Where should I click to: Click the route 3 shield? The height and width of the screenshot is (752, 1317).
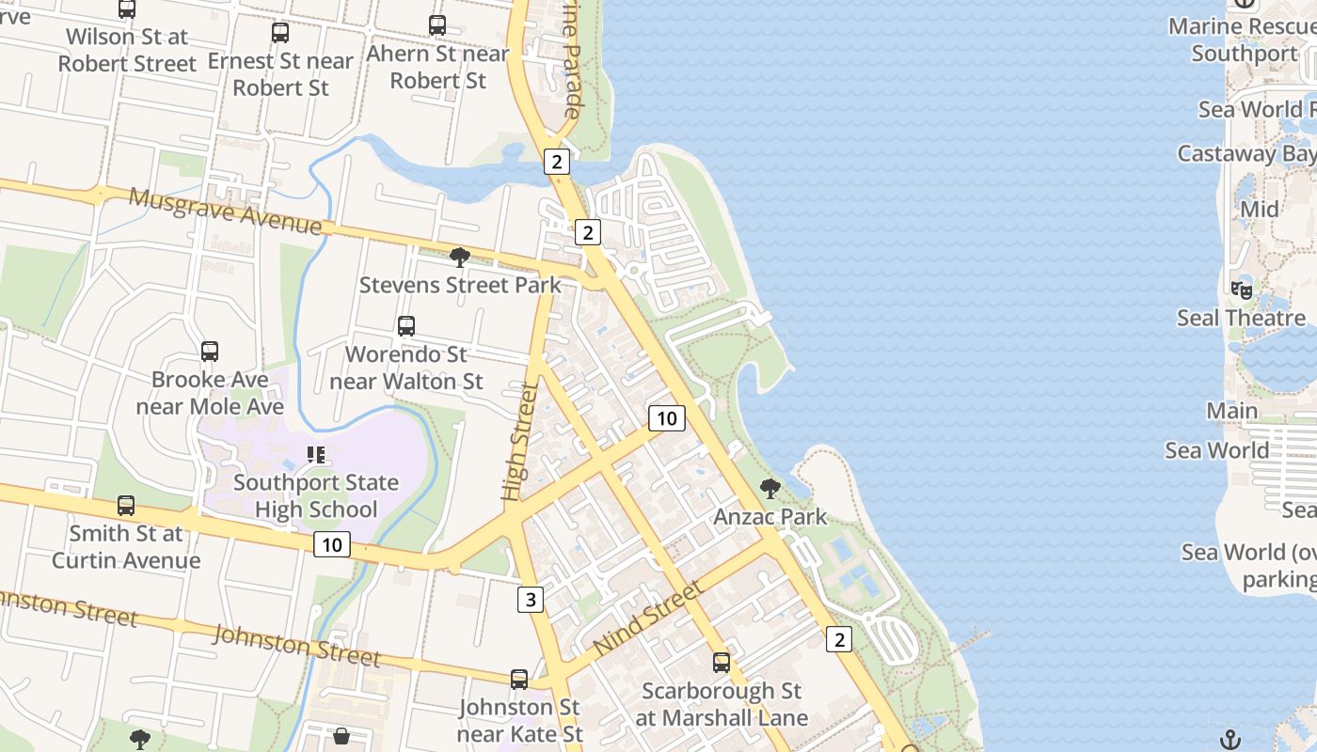coord(530,599)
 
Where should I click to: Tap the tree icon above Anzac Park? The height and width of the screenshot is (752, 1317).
coord(770,489)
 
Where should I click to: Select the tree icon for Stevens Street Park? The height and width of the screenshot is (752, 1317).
coord(460,258)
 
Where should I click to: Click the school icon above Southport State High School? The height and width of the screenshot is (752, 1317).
coord(316,456)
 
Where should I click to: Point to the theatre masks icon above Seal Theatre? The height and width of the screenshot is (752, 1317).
coord(1242,290)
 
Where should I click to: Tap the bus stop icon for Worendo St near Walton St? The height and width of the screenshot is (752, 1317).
coord(406,326)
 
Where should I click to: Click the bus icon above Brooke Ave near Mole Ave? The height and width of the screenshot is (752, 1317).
coord(210,352)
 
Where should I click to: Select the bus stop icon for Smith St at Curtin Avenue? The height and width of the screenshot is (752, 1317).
coord(126,506)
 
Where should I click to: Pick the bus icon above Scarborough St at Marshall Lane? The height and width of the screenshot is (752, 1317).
coord(722,663)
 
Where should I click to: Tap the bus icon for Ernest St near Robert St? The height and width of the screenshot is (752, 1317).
coord(280,33)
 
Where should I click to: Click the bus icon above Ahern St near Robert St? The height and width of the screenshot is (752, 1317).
coord(437,25)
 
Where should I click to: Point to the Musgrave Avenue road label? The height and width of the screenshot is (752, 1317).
coord(225,211)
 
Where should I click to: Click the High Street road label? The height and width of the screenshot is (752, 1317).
coord(519,440)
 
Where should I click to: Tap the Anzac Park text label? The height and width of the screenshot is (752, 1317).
coord(770,516)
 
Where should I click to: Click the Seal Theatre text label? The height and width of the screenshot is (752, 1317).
coord(1241,318)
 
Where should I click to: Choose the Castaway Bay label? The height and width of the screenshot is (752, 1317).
coord(1246,153)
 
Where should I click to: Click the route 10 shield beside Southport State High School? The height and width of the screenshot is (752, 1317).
coord(332,544)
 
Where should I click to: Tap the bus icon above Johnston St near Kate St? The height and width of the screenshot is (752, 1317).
coord(519,680)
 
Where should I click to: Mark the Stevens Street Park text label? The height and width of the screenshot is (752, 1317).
coord(460,285)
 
